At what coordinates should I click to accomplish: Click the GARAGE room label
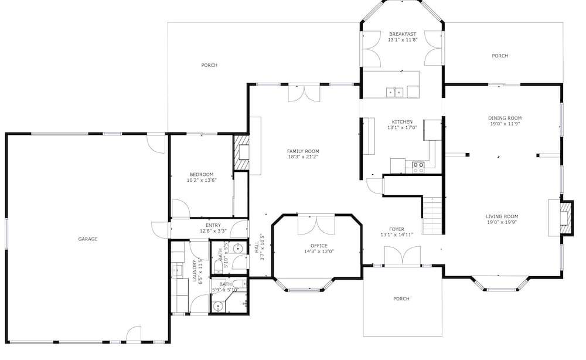pos(88,239)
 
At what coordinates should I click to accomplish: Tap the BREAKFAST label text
pos(403,34)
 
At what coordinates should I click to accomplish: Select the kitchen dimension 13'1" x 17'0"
pos(402,127)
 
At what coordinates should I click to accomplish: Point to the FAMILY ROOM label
pos(303,151)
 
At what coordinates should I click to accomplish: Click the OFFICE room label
pos(319,246)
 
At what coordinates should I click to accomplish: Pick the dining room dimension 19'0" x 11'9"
pos(505,124)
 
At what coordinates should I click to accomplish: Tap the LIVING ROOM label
pos(502,216)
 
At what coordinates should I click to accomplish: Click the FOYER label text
pos(397,229)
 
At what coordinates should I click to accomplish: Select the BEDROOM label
pos(202,174)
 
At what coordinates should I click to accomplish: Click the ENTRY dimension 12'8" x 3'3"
pos(213,231)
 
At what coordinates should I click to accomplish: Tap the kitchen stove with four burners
pos(418,167)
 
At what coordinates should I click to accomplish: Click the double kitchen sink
pos(395,91)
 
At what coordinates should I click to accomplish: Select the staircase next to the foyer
pos(433,215)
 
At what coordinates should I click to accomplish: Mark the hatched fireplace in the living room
pos(566,218)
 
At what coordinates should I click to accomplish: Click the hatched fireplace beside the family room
pos(241,152)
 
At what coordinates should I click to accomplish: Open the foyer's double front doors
pos(402,256)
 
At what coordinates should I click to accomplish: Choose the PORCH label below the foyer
pos(401,298)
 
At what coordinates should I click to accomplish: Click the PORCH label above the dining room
pos(500,56)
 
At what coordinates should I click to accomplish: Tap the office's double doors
pos(316,225)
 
